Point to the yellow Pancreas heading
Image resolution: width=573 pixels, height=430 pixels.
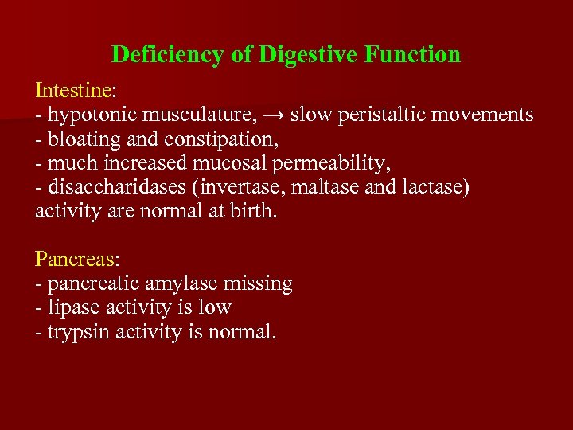74,260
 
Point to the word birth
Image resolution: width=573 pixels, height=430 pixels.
252,212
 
